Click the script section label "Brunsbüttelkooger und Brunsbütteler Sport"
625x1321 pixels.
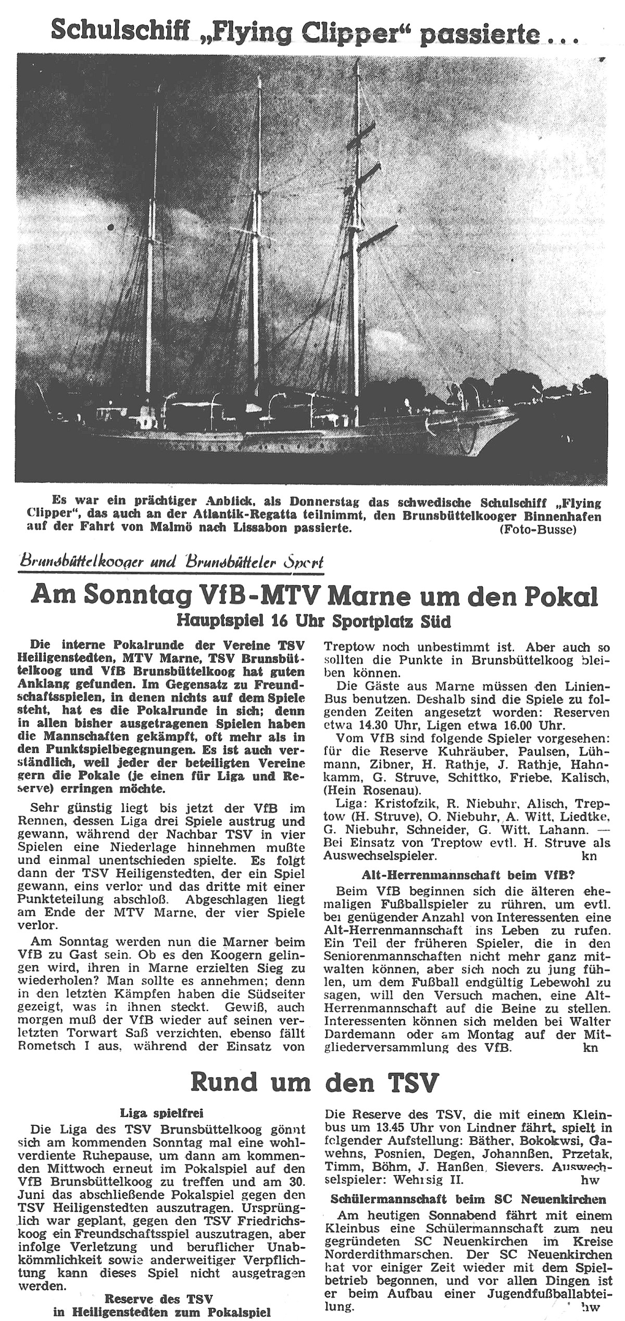coord(171,562)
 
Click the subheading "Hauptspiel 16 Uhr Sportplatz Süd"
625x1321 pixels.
coord(314,621)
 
